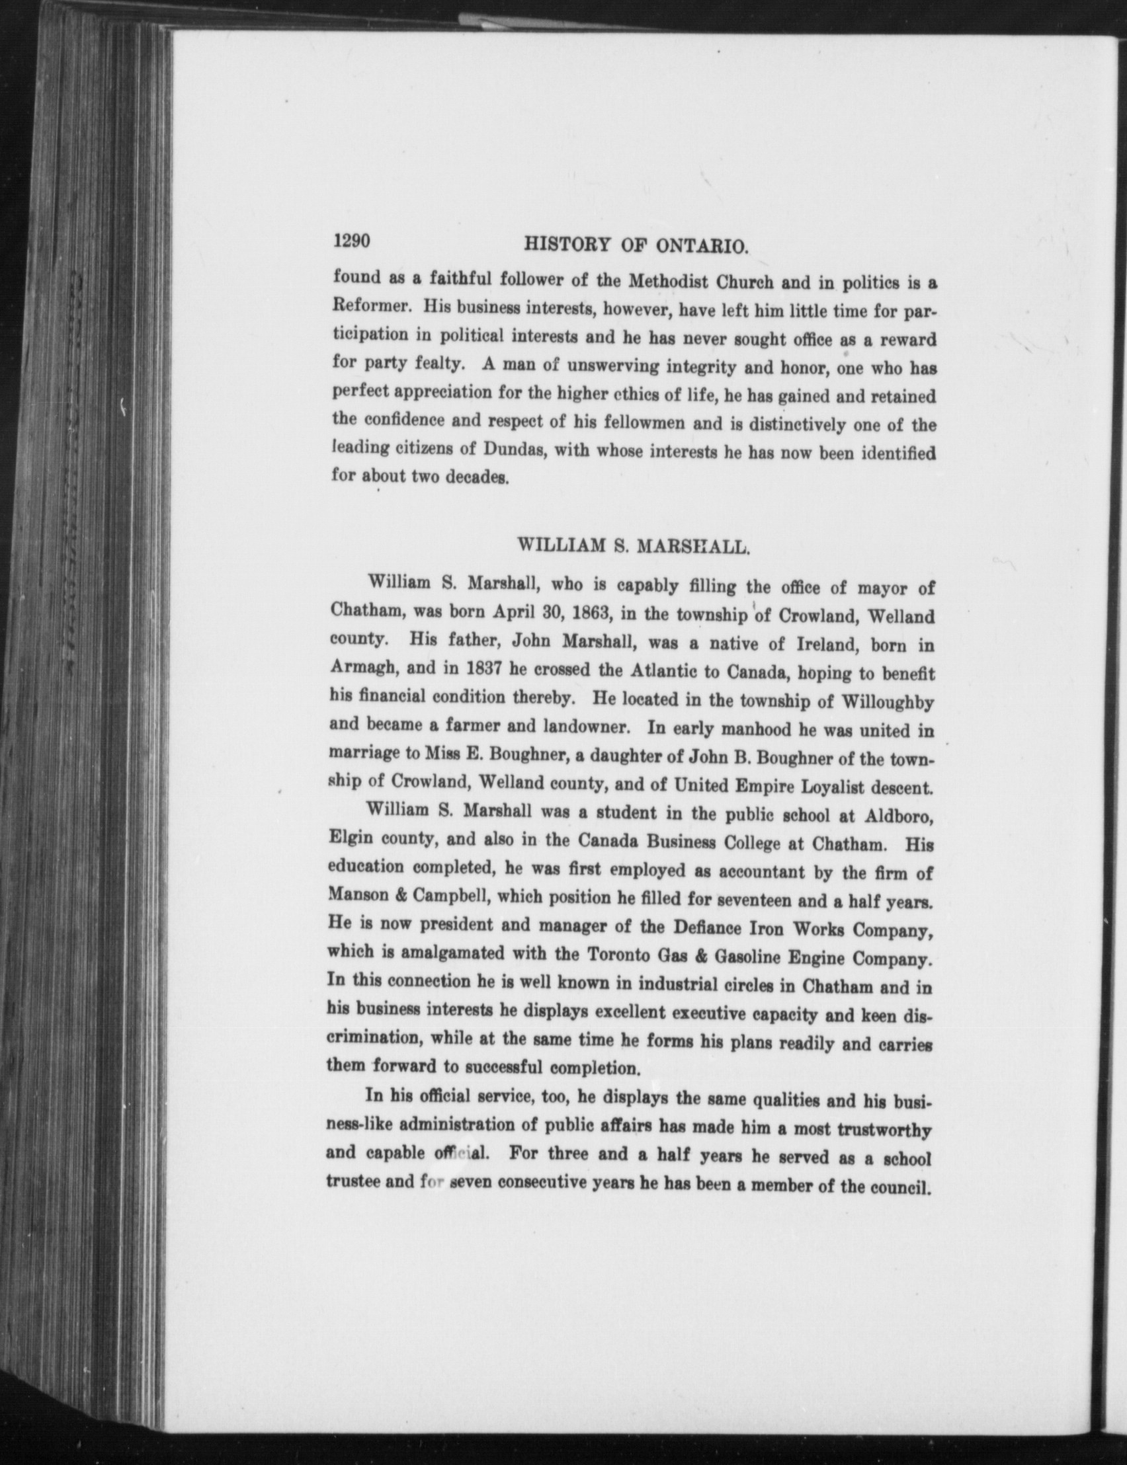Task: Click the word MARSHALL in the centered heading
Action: point(692,547)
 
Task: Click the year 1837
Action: point(482,668)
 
